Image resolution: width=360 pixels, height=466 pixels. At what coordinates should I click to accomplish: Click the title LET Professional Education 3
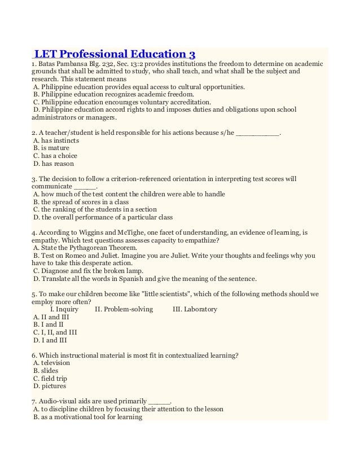pyautogui.click(x=115, y=55)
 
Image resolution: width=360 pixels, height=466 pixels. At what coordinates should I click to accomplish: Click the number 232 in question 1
pyautogui.click(x=94, y=64)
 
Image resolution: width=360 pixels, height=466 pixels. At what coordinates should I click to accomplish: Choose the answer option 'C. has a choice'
pyautogui.click(x=55, y=156)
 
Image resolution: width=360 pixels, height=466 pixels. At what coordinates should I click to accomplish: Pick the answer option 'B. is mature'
pyautogui.click(x=51, y=148)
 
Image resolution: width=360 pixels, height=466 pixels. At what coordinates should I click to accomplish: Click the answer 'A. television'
pyautogui.click(x=52, y=363)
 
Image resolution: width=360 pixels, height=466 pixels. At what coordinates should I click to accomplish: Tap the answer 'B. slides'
pyautogui.click(x=46, y=371)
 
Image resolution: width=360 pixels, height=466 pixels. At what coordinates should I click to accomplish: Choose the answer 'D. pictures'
pyautogui.click(x=50, y=386)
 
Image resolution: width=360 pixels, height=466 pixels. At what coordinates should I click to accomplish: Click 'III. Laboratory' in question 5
pyautogui.click(x=194, y=309)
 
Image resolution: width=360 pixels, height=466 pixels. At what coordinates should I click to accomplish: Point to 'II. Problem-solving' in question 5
pyautogui.click(x=122, y=309)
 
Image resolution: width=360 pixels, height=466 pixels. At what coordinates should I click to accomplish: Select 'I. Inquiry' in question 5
pyautogui.click(x=64, y=309)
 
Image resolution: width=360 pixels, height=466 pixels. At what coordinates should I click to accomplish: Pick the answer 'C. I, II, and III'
pyautogui.click(x=55, y=332)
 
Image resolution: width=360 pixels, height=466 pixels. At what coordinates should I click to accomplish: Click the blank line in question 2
pyautogui.click(x=257, y=133)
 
